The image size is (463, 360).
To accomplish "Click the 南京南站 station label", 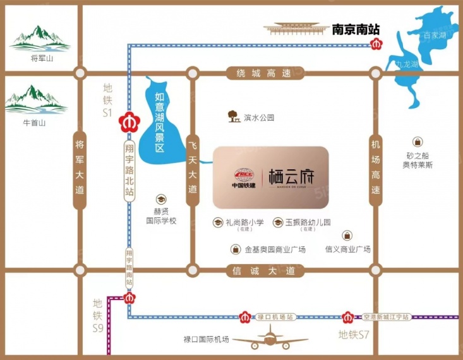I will click(x=356, y=29).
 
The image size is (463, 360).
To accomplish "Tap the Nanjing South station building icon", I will click(x=295, y=29).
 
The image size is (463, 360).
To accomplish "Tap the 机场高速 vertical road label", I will click(x=376, y=167).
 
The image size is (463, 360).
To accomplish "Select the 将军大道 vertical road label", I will click(x=79, y=170).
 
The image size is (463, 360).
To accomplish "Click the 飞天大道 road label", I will click(x=193, y=167).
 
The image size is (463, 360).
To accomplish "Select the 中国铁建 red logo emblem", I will click(x=243, y=174).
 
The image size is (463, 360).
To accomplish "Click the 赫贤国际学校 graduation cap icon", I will click(x=161, y=199).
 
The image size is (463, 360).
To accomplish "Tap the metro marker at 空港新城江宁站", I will click(x=347, y=316).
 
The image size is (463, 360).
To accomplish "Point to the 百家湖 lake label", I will click(x=435, y=35).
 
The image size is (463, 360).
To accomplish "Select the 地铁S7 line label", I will click(x=353, y=334).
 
